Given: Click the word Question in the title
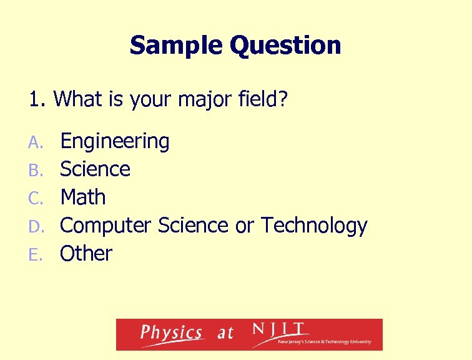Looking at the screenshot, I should pyautogui.click(x=285, y=46).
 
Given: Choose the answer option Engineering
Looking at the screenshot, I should pyautogui.click(x=114, y=142).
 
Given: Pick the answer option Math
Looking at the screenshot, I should pyautogui.click(x=82, y=197).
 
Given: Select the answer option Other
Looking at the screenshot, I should pyautogui.click(x=86, y=253).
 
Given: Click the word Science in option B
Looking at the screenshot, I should pyautogui.click(x=95, y=169).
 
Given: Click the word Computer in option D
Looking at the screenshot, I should pyautogui.click(x=106, y=226).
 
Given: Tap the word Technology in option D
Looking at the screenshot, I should pyautogui.click(x=314, y=226).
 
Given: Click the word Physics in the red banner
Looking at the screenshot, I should pyautogui.click(x=171, y=333).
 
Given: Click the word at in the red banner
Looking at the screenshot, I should pyautogui.click(x=225, y=334).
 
